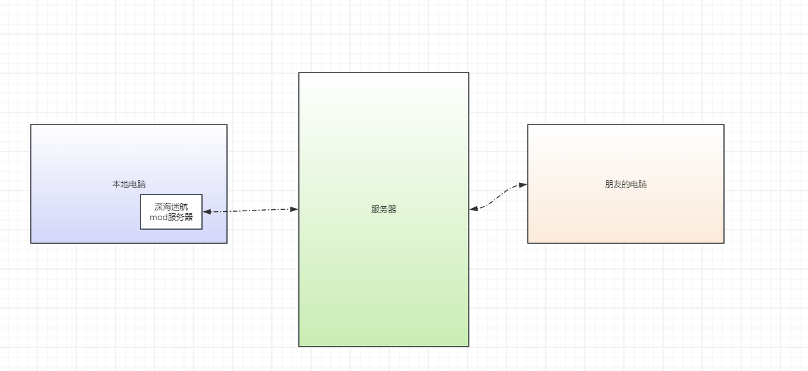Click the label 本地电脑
tap(129, 184)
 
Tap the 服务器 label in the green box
tap(383, 209)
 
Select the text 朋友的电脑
tap(626, 184)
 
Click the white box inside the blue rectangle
tap(171, 212)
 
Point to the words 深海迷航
tap(171, 207)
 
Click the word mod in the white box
tap(158, 217)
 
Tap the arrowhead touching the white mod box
tap(207, 212)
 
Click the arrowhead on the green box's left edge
tap(294, 209)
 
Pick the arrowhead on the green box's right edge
tap(474, 209)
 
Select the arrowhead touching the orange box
tap(523, 185)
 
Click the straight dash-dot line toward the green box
tap(251, 211)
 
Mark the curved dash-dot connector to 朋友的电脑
tap(498, 196)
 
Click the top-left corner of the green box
tap(299, 73)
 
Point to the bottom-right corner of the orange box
tap(724, 243)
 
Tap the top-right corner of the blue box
tap(227, 125)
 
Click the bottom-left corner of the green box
tap(299, 347)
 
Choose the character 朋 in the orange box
tap(609, 184)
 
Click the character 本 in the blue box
tap(116, 184)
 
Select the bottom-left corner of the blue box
tap(31, 243)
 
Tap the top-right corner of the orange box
tap(724, 125)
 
